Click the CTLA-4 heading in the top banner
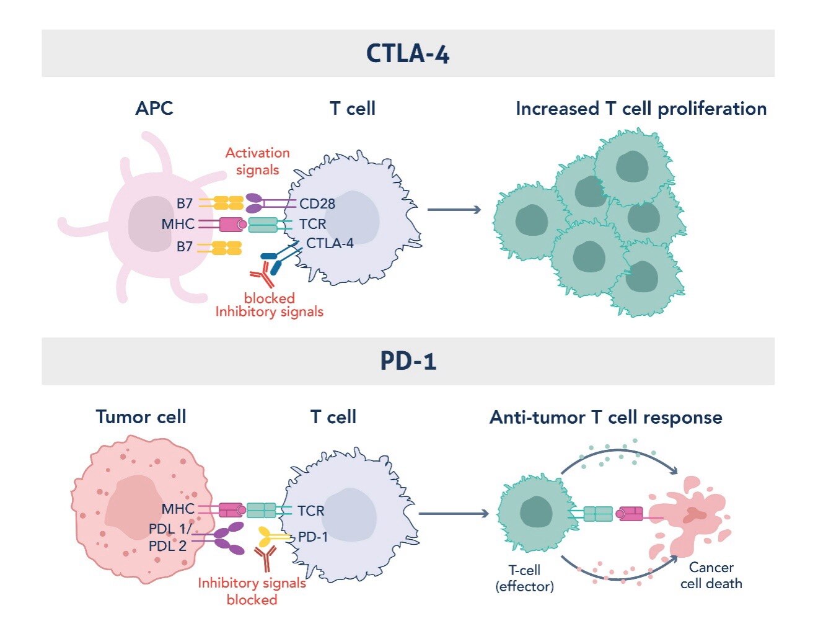tap(408, 53)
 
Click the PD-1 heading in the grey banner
tap(408, 361)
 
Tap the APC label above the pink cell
tap(154, 109)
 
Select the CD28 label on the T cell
tap(317, 204)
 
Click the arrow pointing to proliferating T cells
tap(454, 210)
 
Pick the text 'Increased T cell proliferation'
tap(641, 109)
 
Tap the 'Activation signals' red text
tap(257, 161)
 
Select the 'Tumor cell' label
tap(141, 416)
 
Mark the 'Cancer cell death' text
tap(711, 575)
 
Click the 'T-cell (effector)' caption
tap(524, 578)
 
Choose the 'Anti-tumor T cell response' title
tap(605, 417)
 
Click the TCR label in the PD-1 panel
tap(310, 511)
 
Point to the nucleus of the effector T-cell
tap(536, 512)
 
